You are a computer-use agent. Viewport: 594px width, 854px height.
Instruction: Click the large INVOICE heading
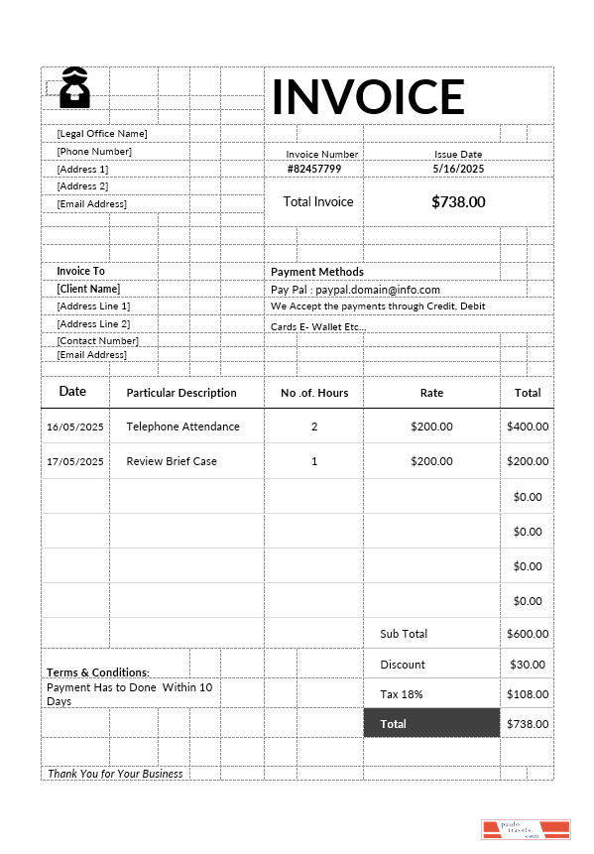pos(368,96)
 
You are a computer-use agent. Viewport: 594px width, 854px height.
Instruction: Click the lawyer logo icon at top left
pos(74,87)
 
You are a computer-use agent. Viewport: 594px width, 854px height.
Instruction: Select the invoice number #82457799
pos(314,169)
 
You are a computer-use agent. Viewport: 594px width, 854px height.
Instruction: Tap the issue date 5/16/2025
pos(458,169)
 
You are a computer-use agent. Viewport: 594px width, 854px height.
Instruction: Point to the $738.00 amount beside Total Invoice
pos(458,201)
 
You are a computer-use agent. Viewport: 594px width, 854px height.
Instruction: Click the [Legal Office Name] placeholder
pos(102,133)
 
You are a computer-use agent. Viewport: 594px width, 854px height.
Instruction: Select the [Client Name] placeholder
pos(88,289)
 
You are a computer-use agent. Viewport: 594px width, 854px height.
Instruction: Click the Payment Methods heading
pos(317,272)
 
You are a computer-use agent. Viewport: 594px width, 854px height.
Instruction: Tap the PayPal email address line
pos(355,290)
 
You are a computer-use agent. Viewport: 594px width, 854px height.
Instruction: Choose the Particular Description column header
pos(181,393)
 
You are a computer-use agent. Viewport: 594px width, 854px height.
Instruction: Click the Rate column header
pos(431,393)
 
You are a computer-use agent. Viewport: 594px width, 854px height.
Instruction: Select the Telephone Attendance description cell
pos(183,427)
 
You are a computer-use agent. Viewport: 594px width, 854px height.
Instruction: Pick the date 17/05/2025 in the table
pos(75,461)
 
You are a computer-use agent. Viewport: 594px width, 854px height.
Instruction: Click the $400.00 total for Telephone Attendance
pos(528,427)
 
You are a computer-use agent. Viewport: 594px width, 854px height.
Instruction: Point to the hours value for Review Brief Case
pos(314,461)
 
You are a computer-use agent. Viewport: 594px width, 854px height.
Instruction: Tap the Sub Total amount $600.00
pos(528,634)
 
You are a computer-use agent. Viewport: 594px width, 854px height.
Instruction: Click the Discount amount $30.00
pos(528,665)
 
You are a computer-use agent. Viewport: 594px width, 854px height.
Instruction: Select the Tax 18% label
pos(401,694)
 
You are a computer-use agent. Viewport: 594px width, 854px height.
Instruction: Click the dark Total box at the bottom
pos(431,724)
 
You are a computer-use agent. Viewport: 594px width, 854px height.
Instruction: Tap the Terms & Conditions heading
pos(98,672)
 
